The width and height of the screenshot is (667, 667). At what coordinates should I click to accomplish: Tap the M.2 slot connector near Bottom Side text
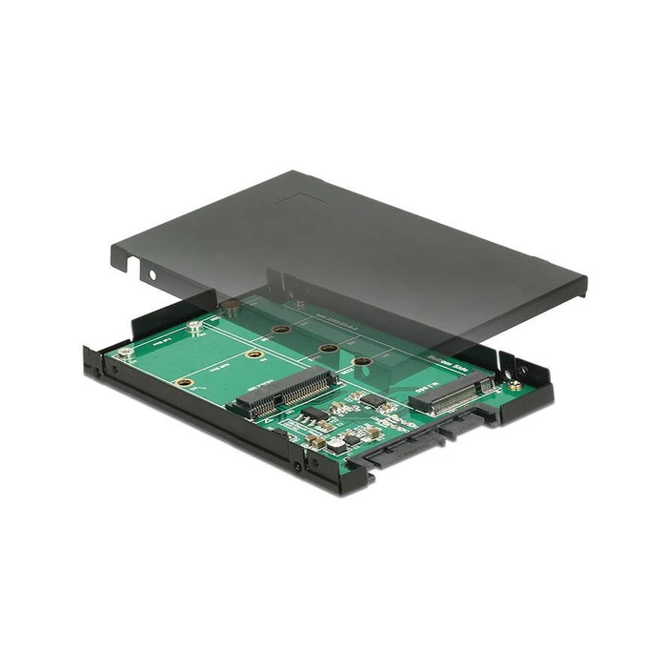[x=453, y=394]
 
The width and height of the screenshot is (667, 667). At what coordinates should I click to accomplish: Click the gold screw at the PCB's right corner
[x=514, y=388]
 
